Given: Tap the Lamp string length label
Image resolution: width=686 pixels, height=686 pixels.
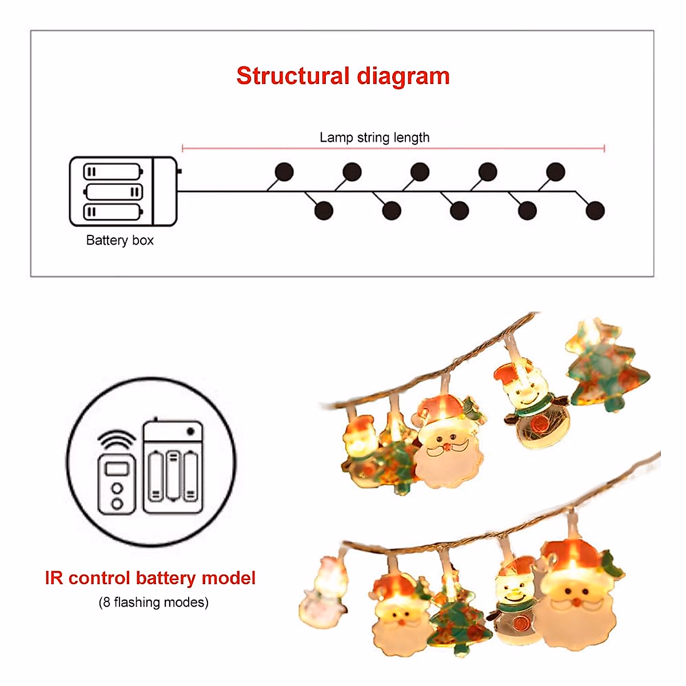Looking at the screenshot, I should [x=374, y=138].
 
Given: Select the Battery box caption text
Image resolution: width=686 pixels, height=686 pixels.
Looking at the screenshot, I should [x=119, y=240].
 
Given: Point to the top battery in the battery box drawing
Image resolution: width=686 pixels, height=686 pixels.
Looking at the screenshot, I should [x=112, y=171].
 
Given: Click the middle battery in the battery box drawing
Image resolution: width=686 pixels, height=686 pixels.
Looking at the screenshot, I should [x=114, y=192].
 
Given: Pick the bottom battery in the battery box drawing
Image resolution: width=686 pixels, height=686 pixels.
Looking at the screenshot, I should [x=112, y=212].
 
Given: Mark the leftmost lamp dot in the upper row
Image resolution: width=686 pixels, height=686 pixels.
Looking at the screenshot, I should [x=284, y=171].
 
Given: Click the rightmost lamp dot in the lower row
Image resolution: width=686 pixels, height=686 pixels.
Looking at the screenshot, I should [x=595, y=210].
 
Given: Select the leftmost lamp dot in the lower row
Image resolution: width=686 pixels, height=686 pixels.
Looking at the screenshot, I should [x=324, y=210].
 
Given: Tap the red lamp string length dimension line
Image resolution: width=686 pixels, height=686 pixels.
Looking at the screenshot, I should [x=393, y=149].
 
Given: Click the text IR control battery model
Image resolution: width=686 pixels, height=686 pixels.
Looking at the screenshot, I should [x=150, y=578].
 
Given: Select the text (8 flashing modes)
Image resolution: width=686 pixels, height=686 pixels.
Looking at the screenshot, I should [x=153, y=603].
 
